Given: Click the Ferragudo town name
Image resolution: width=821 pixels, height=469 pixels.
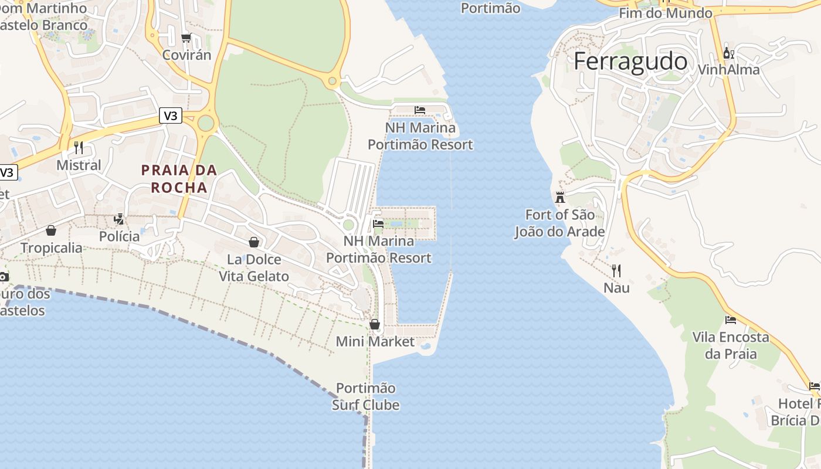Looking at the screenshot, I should pos(630,62).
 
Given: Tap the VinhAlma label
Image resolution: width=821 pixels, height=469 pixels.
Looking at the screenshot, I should pos(728,70).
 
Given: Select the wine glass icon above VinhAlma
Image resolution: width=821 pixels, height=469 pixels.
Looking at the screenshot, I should pos(728,53).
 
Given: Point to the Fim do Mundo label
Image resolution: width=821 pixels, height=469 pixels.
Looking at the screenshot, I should pos(666,13).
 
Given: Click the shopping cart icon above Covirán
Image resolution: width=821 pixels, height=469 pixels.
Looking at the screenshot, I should pos(186,38).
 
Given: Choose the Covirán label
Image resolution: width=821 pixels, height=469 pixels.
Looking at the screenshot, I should pos(186,55).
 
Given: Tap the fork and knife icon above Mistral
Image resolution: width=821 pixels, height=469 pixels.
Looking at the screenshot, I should pos(79,148).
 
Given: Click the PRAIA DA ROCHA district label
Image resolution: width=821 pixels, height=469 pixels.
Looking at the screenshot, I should pos(179,179).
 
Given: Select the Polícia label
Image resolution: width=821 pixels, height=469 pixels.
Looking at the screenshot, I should pos(120,237).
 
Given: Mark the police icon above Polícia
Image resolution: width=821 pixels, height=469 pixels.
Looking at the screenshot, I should pos(120,219).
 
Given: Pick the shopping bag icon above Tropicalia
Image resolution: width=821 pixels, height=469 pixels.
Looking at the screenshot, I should pos(51,230).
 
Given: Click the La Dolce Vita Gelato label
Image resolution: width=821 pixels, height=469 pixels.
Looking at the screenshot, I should pos(254,268).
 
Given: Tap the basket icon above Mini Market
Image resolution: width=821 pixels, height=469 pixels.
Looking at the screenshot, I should pos(375,324).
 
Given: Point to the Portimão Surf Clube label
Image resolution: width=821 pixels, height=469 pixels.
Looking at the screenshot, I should pos(366,396).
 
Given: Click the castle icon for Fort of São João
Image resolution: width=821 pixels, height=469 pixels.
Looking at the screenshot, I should pos(560,198).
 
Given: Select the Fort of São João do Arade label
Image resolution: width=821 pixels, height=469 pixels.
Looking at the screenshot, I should pos(559,223).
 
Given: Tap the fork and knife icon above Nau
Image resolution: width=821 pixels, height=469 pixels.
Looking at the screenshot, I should pos(616,271).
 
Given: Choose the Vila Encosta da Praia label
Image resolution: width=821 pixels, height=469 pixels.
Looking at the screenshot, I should pos(731,345).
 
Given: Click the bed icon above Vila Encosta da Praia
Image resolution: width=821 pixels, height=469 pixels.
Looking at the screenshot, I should pos(731,320).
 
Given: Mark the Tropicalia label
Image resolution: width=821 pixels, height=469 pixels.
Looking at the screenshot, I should pos(52,248).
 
